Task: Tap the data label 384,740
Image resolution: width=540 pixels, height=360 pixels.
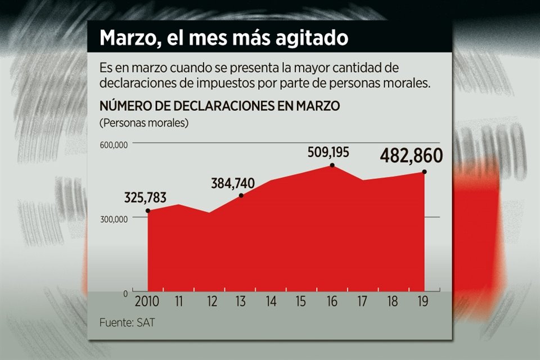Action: tap(232, 183)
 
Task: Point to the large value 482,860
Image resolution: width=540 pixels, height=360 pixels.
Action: tap(411, 156)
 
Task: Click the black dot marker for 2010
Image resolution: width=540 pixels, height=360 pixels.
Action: tap(148, 211)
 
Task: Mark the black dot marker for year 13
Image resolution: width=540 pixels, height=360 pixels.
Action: tap(241, 196)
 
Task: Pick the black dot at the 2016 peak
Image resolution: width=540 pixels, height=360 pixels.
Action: tap(332, 165)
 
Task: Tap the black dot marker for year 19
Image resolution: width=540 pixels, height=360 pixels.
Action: tap(424, 172)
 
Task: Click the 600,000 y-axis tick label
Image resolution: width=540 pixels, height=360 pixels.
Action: tap(114, 145)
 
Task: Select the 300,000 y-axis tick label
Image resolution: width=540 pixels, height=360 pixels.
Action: tap(114, 219)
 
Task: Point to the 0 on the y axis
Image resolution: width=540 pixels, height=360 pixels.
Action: tap(125, 294)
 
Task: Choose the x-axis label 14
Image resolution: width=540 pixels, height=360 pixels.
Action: tap(271, 302)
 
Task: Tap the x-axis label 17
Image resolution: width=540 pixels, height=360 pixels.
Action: tap(362, 302)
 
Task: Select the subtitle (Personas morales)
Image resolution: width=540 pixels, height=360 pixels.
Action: tap(143, 123)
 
